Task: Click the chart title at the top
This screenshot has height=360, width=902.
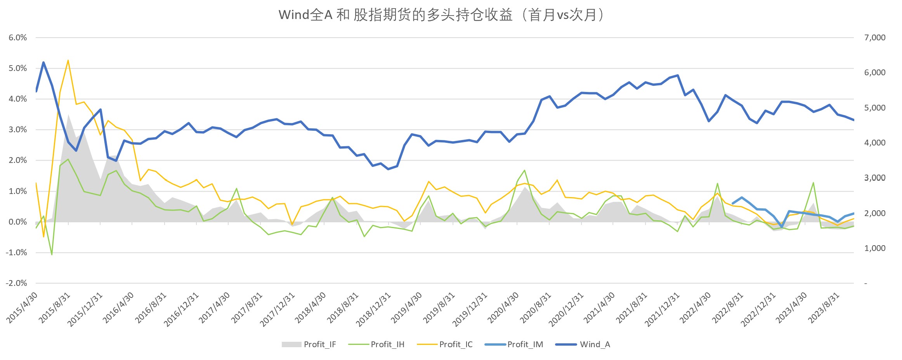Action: click(441, 15)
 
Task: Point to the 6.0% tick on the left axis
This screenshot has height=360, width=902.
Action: click(18, 38)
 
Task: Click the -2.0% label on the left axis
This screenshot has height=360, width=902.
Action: click(16, 283)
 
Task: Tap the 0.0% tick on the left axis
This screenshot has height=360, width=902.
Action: click(18, 222)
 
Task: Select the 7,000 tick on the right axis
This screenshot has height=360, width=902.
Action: click(875, 38)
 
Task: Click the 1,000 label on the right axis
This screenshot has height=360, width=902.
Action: click(875, 248)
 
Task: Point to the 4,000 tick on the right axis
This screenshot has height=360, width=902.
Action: click(875, 143)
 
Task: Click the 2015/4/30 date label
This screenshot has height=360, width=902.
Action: click(23, 308)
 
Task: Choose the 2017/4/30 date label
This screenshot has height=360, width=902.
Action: click(215, 308)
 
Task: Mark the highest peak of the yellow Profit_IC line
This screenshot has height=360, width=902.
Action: click(68, 61)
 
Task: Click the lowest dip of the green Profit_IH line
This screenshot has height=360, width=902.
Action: click(52, 254)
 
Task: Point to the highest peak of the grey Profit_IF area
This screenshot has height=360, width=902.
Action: click(68, 114)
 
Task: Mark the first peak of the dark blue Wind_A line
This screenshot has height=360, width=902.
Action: click(43, 62)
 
